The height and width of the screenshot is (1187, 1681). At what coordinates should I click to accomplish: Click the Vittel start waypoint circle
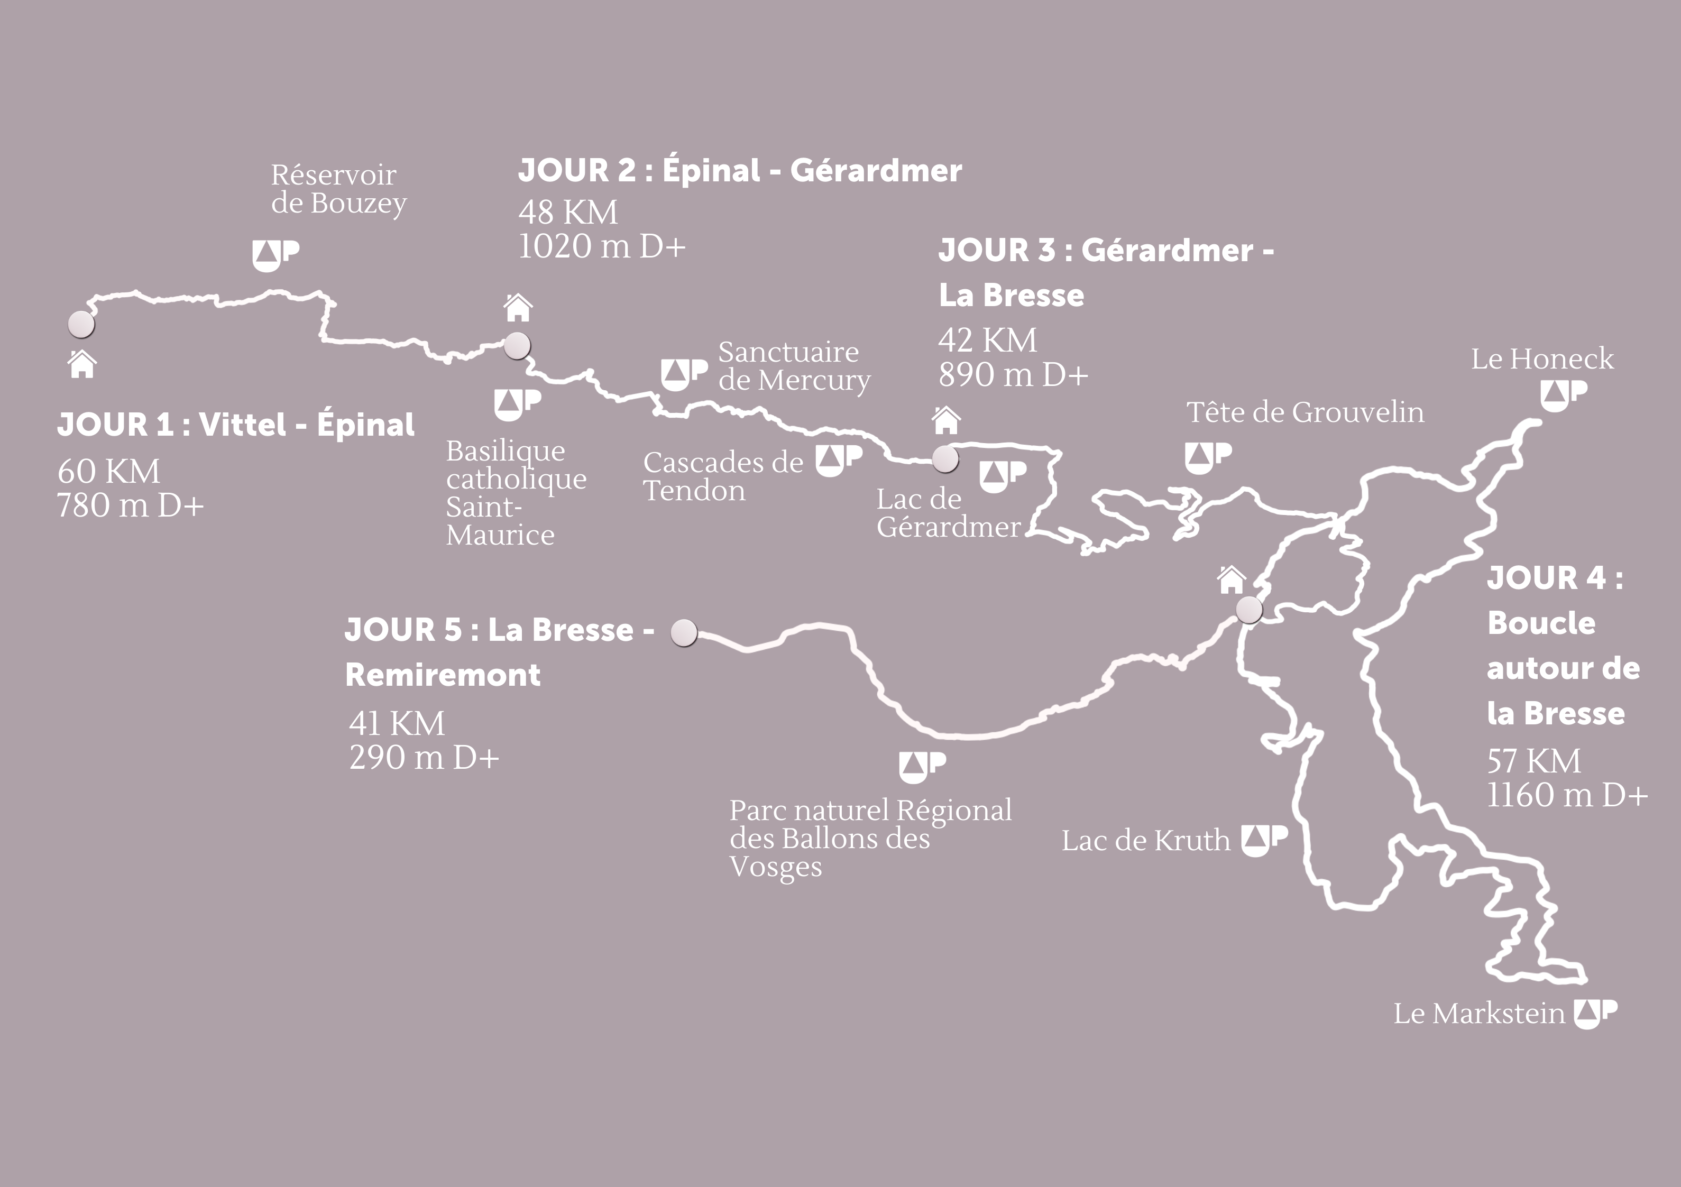tap(81, 324)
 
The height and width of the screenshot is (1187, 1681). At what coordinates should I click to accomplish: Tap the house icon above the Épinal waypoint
tap(518, 308)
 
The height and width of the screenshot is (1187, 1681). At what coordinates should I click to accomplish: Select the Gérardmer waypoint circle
tap(945, 459)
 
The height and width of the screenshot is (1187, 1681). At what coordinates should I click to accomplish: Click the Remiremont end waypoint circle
tap(685, 633)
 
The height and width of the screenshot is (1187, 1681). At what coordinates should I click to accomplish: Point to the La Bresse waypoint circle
tap(1249, 609)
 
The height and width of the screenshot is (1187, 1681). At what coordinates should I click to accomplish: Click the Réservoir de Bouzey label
tap(338, 189)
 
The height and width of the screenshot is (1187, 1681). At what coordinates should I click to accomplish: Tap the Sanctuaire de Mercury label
tap(794, 366)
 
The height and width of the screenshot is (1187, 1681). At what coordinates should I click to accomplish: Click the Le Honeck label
tap(1542, 359)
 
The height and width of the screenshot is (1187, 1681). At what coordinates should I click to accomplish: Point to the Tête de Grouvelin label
tap(1305, 412)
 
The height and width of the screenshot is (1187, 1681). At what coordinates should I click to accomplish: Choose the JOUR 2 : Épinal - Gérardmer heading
tap(739, 171)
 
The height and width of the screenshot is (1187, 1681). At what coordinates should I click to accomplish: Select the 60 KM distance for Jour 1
tap(108, 471)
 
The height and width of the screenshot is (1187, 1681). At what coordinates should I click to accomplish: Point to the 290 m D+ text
tap(424, 757)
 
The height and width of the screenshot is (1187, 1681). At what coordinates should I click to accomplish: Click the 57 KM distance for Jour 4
tap(1533, 761)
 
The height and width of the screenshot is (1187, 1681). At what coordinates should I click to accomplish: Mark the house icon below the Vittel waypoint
tap(82, 364)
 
